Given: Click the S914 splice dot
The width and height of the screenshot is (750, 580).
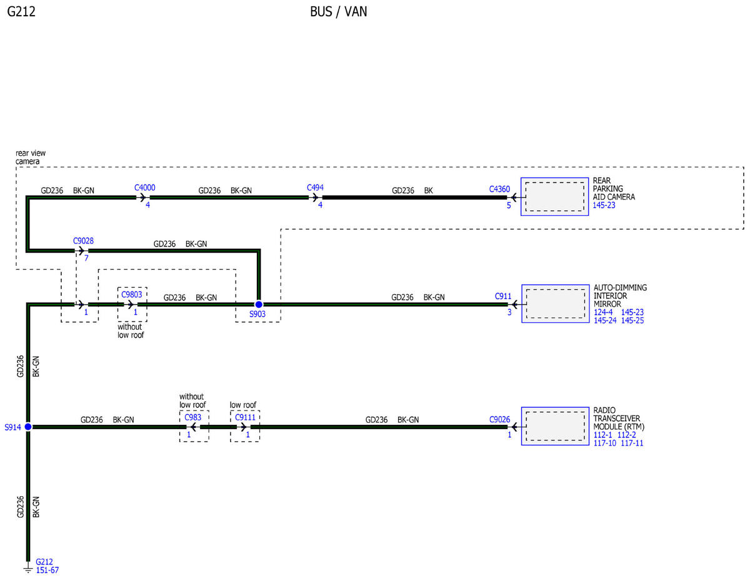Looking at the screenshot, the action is click(28, 427).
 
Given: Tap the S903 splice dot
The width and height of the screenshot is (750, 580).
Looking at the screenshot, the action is click(259, 304).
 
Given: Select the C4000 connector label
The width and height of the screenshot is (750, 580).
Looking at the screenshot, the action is click(144, 188).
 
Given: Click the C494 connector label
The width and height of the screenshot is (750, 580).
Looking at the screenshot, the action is click(315, 188).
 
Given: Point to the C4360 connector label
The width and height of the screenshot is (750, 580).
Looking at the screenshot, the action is click(499, 189).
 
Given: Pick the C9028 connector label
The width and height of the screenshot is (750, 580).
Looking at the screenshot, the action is click(83, 241).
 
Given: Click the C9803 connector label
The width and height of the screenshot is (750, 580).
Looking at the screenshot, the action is click(131, 294).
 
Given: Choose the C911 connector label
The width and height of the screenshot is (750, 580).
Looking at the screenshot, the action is click(503, 296).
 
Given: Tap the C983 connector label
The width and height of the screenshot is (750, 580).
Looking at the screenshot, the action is click(192, 417).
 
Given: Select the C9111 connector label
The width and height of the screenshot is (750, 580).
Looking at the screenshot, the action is click(245, 417).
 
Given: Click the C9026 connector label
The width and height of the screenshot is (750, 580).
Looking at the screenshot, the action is click(499, 419).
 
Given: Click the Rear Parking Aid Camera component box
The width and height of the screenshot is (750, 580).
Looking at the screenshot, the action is click(554, 196).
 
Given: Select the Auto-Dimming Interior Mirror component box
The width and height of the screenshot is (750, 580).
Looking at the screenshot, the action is click(556, 303).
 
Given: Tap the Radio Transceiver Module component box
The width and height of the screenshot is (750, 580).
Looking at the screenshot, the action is click(555, 426).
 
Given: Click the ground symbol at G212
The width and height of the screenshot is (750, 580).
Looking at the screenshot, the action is click(28, 569).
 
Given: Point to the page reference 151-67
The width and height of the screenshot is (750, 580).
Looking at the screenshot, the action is click(47, 571).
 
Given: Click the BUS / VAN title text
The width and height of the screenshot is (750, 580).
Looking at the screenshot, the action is click(338, 12).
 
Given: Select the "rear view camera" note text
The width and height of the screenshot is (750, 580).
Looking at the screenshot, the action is click(31, 157).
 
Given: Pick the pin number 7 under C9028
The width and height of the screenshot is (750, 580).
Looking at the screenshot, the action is click(86, 258).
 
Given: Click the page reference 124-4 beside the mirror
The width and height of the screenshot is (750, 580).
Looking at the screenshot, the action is click(603, 312).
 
